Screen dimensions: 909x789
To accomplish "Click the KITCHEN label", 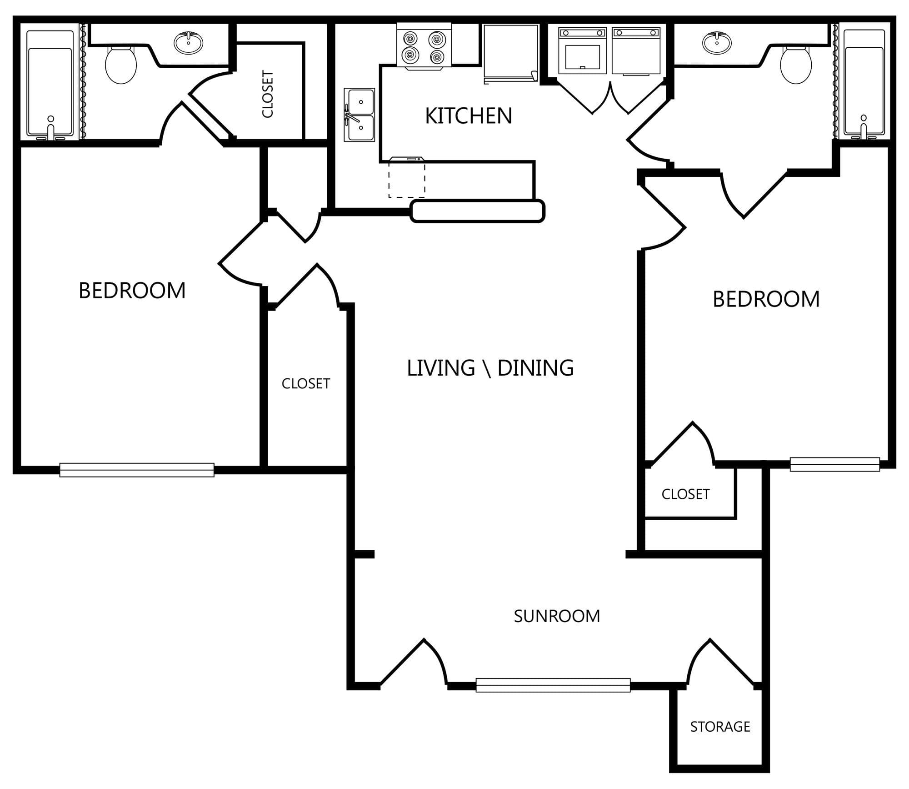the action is pos(469,116).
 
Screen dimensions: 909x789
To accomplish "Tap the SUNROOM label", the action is pos(557,616).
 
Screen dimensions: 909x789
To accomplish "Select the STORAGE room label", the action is pos(720,727).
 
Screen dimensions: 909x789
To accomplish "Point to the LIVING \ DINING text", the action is pos(490,368).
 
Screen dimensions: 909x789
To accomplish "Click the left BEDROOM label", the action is pos(132,291).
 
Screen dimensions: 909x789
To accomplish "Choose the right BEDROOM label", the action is pos(766,299).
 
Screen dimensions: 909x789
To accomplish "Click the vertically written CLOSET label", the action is pos(268,94).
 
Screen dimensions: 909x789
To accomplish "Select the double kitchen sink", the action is pos(359,115).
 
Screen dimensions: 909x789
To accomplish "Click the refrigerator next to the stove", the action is pos(511,54).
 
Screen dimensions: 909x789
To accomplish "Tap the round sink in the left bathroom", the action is pos(188,43).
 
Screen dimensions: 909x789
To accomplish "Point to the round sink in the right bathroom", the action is pos(717,43).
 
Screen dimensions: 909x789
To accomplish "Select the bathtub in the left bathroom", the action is pos(50,84).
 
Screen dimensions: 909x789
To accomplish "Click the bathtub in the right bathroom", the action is pos(864,84).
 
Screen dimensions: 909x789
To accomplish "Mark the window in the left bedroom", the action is pos(137,470).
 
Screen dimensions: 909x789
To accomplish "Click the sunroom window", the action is pos(553,685).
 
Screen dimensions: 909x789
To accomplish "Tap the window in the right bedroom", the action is pos(835,464).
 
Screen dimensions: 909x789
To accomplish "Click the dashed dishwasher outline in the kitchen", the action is pos(407,178).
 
